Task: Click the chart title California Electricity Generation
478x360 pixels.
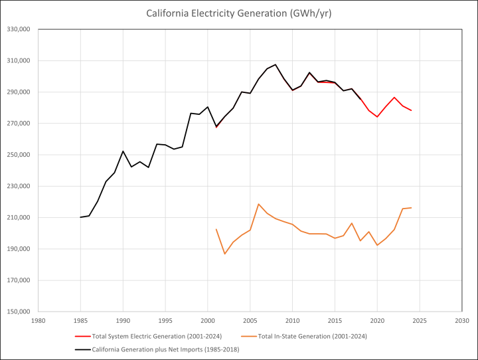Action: (239, 13)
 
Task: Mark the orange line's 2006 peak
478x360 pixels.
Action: (258, 204)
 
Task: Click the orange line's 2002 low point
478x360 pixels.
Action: (224, 254)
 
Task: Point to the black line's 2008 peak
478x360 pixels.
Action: (276, 64)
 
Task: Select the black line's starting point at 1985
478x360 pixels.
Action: (80, 217)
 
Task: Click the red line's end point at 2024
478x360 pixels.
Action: (411, 110)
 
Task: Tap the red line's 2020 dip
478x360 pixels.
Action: (377, 117)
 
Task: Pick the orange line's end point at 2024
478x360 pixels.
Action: (411, 208)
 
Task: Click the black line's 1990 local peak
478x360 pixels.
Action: (123, 151)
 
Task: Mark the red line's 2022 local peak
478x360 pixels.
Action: (394, 97)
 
